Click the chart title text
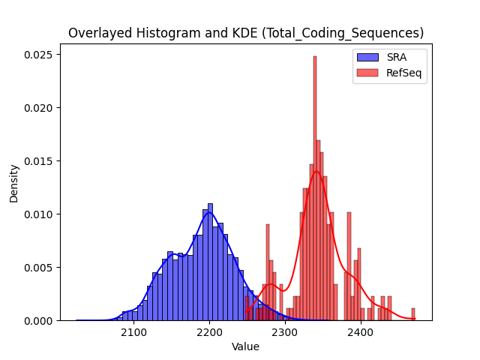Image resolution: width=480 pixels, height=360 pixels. coord(246,33)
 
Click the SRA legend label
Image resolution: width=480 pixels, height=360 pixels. coord(397,57)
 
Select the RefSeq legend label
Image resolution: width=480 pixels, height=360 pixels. coord(403,73)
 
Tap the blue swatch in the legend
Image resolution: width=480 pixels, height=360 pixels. coord(367,57)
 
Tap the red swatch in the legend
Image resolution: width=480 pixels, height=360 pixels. coord(367,73)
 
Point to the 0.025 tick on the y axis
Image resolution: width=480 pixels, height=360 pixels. coord(38,55)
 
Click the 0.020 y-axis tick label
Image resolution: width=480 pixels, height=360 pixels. coord(38,108)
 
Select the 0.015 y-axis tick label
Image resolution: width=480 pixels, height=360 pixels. coord(38,161)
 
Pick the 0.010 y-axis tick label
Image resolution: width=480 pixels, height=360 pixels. coord(38,214)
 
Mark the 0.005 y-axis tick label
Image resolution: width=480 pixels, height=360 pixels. coord(38,268)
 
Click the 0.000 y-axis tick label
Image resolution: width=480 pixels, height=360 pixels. coord(38,321)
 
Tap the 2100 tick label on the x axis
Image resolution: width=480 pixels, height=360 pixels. coord(133,332)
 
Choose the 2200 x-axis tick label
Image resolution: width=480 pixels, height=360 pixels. coord(209,332)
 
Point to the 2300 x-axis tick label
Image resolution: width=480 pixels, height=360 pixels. coord(285,332)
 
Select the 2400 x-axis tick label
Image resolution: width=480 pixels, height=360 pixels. coord(361,332)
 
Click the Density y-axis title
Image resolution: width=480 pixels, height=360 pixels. coord(13,184)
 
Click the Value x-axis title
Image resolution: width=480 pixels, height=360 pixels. coord(245,346)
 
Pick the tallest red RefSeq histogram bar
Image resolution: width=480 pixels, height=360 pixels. coord(315,188)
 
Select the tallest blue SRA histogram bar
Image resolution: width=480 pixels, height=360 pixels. coord(210,262)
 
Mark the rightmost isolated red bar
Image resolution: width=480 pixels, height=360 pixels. coord(413,314)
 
